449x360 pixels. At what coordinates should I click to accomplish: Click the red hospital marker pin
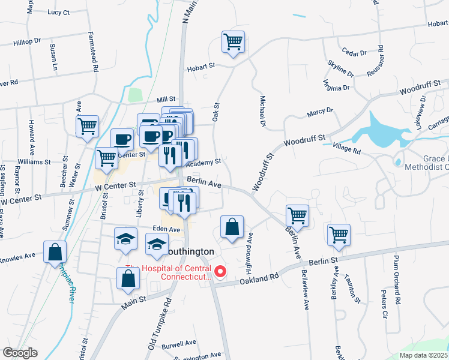(x=220, y=272)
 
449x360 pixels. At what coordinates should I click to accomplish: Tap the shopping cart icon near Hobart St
(x=233, y=42)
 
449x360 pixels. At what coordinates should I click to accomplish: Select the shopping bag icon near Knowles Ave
(x=55, y=251)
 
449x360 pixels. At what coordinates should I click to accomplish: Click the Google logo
(x=20, y=353)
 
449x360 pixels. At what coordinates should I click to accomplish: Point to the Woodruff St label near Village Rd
(x=304, y=142)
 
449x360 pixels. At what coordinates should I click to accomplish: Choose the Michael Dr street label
(x=262, y=111)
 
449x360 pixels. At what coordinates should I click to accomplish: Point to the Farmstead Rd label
(x=94, y=52)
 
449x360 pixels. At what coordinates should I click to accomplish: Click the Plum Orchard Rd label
(x=396, y=278)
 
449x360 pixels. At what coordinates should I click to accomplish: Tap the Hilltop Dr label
(x=27, y=41)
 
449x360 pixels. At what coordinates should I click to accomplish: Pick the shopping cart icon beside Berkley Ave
(x=339, y=235)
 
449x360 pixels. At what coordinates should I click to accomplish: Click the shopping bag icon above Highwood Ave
(x=232, y=226)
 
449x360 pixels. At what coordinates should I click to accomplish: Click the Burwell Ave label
(x=179, y=343)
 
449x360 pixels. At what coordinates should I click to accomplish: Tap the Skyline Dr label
(x=340, y=68)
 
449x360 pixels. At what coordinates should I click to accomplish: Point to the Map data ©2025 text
(x=424, y=355)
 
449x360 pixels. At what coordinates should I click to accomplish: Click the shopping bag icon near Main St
(x=128, y=278)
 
